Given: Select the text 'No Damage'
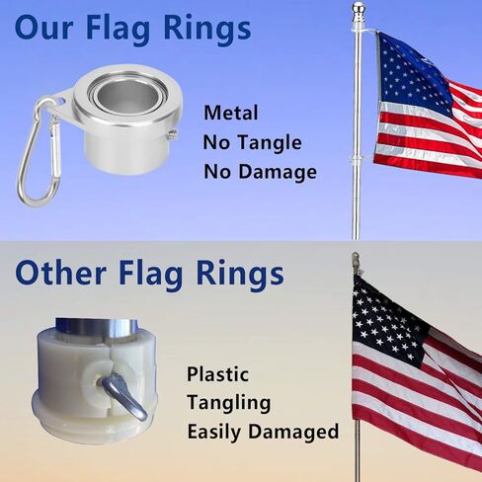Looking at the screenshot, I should click(x=260, y=172).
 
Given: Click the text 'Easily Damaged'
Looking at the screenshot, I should click(x=262, y=432).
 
